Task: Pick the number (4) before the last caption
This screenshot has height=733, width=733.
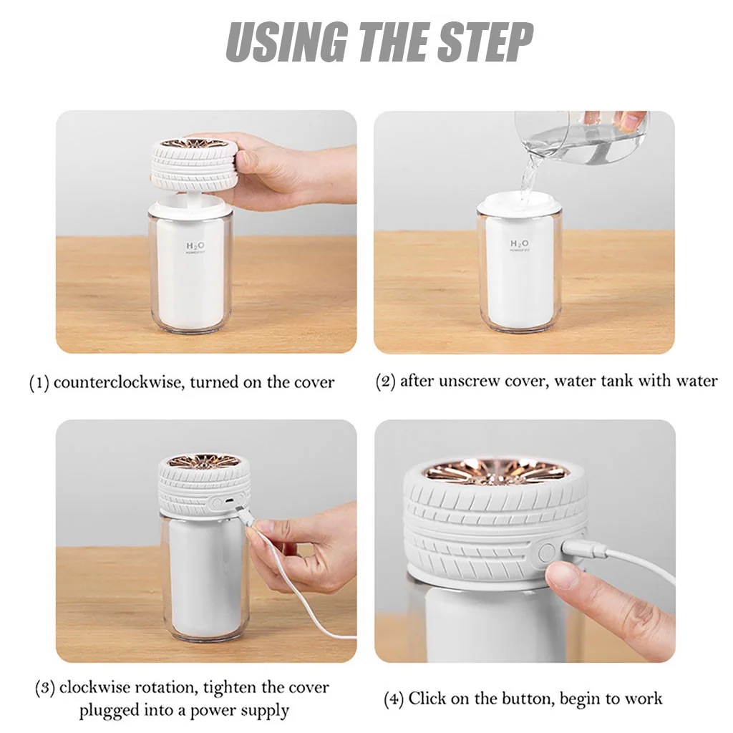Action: coord(394,699)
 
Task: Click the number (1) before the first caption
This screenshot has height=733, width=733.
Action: coord(39,383)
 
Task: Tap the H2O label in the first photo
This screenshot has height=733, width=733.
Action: coord(195,246)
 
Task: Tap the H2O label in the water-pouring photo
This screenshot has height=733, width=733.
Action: coord(520,244)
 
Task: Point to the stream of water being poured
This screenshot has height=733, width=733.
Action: coord(529,178)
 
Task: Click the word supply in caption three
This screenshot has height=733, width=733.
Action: coord(263,710)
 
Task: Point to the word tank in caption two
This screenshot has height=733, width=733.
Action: coord(617,381)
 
